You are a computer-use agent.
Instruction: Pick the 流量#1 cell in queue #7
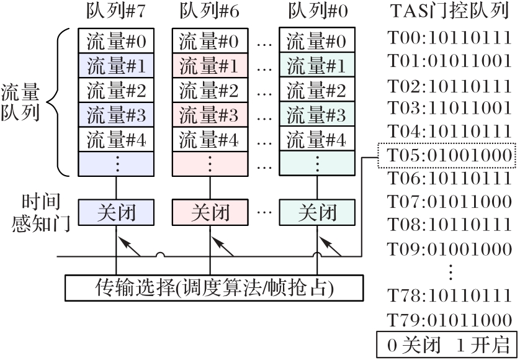[115, 66]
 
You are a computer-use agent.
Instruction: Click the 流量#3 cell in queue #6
[208, 115]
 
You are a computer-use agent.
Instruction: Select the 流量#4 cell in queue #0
[318, 139]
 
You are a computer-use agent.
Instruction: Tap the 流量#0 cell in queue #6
[208, 42]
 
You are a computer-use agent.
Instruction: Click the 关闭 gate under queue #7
[115, 213]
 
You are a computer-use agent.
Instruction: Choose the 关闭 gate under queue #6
[208, 213]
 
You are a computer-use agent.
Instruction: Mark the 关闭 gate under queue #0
[318, 213]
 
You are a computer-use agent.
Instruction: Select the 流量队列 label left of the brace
[20, 103]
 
